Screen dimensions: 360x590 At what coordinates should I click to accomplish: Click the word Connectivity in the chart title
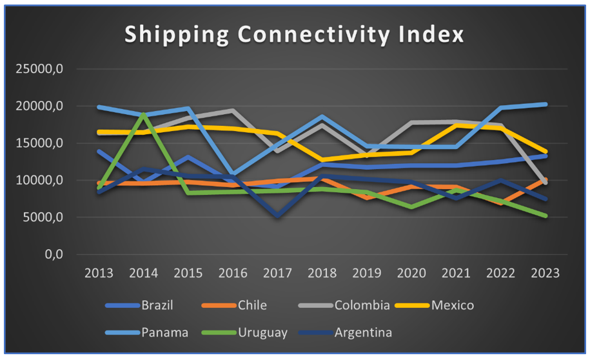[x=317, y=35]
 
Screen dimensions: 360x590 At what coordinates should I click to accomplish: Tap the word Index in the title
[x=436, y=35]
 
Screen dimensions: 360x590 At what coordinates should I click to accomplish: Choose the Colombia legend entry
[x=362, y=305]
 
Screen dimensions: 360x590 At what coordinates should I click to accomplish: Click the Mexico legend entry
[x=452, y=305]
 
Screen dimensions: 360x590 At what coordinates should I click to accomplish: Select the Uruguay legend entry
[x=263, y=333]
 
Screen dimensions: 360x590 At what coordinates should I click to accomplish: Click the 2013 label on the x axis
[x=99, y=273]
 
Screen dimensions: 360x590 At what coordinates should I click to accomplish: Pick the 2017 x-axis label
[x=278, y=273]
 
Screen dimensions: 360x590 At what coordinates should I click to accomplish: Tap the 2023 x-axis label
[x=546, y=273]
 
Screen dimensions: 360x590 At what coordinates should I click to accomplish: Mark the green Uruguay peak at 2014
[x=144, y=114]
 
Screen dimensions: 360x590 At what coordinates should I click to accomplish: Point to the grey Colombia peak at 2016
[x=233, y=111]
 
